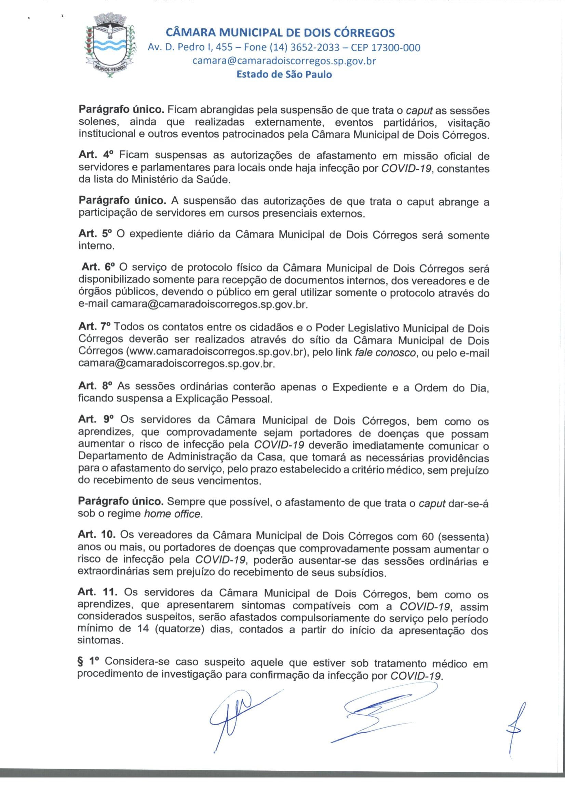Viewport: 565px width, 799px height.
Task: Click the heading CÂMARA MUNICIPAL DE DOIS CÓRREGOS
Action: coord(280,33)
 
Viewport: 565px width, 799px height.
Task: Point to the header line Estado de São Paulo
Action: coord(284,74)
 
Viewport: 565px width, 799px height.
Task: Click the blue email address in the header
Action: coord(284,61)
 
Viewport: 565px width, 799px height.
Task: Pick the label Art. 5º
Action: coord(97,234)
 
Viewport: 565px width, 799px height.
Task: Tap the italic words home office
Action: coord(172,514)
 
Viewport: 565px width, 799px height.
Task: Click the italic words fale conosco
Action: coord(385,353)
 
